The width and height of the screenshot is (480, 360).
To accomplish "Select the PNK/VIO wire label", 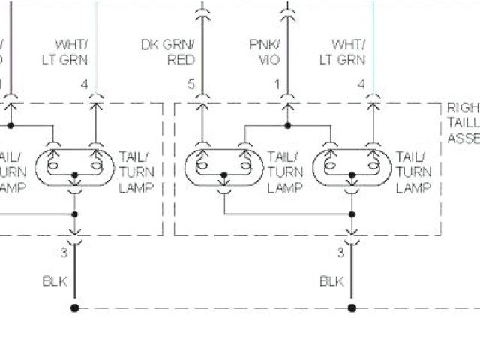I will pos(266,52).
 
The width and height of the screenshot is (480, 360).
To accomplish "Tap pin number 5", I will pos(191,85).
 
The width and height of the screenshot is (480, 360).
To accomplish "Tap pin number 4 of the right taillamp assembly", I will pos(361,85).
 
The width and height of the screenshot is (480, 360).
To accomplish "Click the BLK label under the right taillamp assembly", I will pos(331,282).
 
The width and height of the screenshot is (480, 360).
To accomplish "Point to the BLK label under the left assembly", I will pos(54,282).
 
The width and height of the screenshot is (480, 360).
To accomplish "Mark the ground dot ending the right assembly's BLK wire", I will pos(352,307).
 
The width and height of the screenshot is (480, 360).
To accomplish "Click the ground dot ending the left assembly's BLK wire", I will pos(74,307).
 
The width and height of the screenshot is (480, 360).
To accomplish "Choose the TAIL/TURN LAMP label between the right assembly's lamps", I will pos(283,172).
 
